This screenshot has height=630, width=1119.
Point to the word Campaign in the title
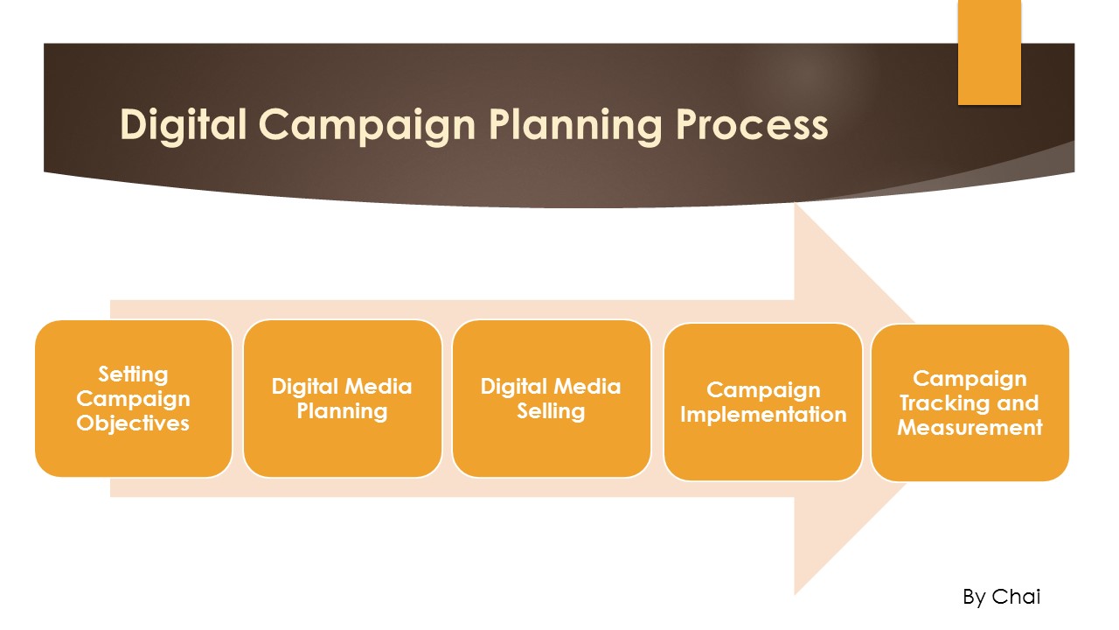point(368,125)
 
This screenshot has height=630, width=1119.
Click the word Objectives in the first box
point(133,423)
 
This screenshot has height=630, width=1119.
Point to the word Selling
point(551,411)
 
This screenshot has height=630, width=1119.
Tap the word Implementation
point(763,415)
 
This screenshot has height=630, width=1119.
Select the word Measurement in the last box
point(970,428)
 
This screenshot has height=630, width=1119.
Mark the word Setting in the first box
point(133,374)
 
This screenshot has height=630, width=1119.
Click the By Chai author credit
point(1002,597)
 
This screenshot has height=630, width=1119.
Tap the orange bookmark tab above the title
point(989,52)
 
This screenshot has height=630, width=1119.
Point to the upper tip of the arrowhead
point(795,207)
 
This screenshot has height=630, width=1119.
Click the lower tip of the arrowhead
point(795,592)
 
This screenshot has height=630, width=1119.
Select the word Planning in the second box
point(342,411)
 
